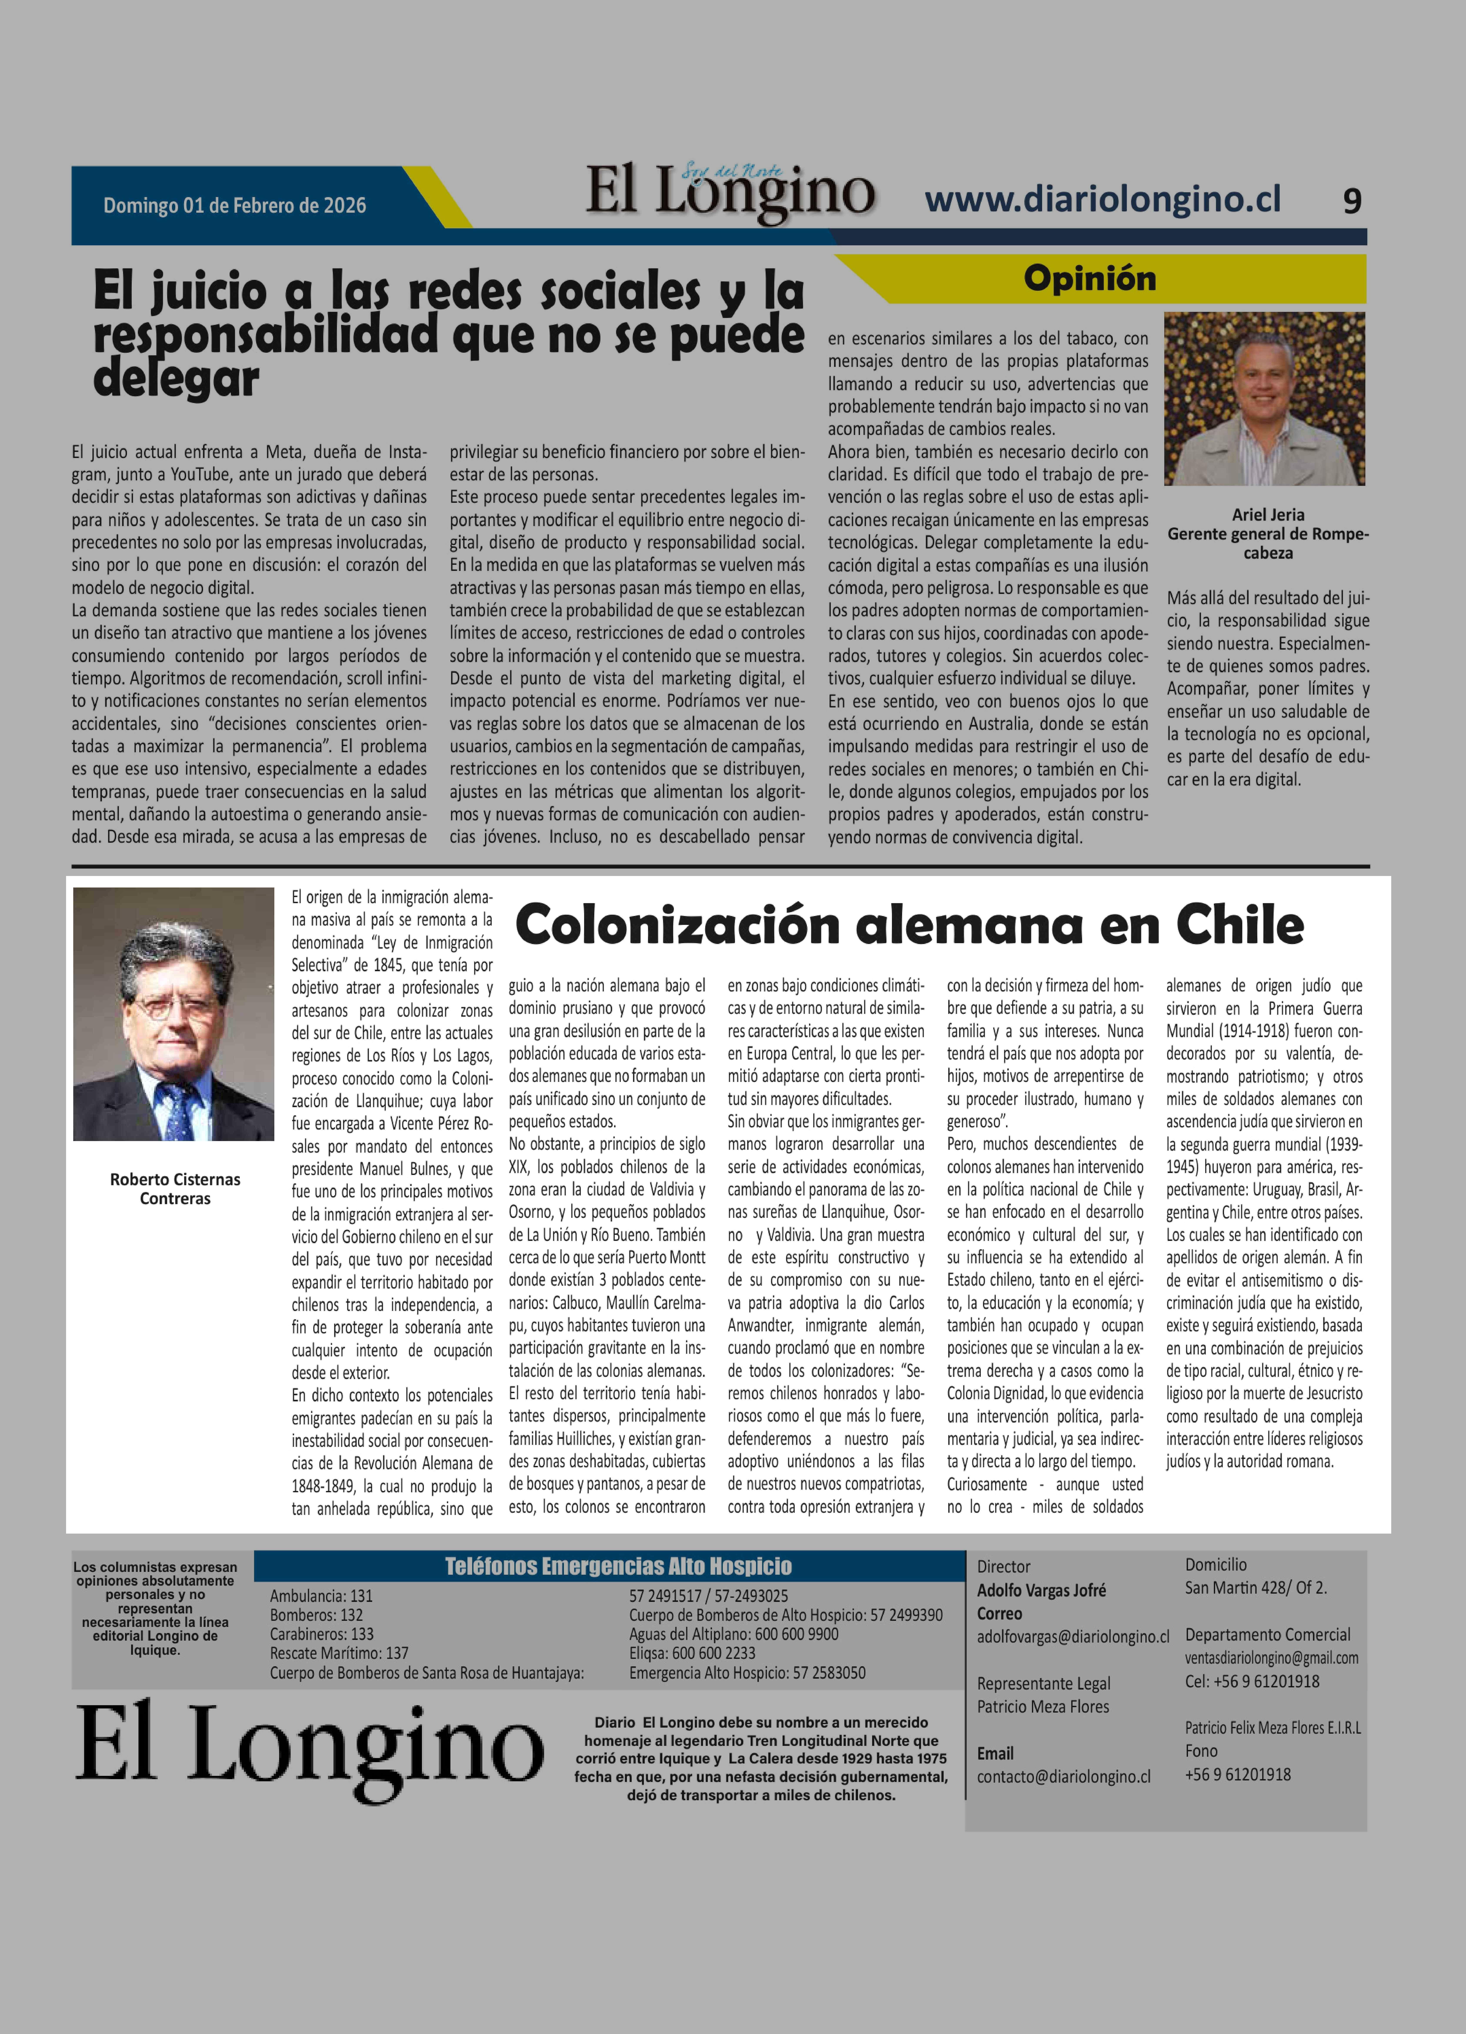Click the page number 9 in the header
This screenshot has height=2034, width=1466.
1351,201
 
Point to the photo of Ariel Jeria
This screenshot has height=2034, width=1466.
1264,399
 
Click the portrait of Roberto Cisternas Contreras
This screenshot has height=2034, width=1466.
173,1013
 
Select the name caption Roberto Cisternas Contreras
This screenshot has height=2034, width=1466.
175,1188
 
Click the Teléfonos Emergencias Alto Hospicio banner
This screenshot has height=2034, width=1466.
618,1566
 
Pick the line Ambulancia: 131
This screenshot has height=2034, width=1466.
321,1595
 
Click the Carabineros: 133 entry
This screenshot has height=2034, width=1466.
322,1633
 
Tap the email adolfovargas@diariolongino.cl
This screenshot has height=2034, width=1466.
1072,1636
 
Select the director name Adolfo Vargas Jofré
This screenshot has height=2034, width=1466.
1041,1590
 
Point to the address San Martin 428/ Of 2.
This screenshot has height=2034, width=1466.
1255,1587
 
